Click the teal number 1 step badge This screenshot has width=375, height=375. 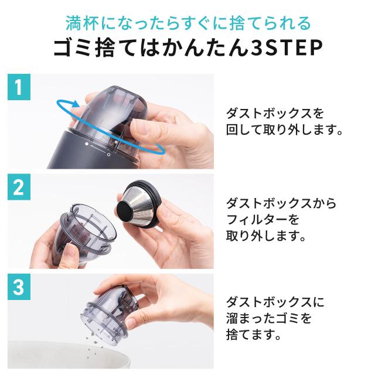coord(19,87)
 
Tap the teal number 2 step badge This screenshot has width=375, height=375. coord(19,187)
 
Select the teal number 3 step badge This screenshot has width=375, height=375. coord(19,287)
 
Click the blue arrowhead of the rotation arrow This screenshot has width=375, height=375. coord(76,104)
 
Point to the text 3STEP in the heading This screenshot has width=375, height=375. coord(284,48)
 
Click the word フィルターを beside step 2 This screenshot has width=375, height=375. coord(262,219)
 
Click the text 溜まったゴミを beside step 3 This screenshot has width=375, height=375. coord(269,318)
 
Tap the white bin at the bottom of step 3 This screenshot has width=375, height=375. coord(69,356)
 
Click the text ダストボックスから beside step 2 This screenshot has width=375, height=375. coord(281,203)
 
